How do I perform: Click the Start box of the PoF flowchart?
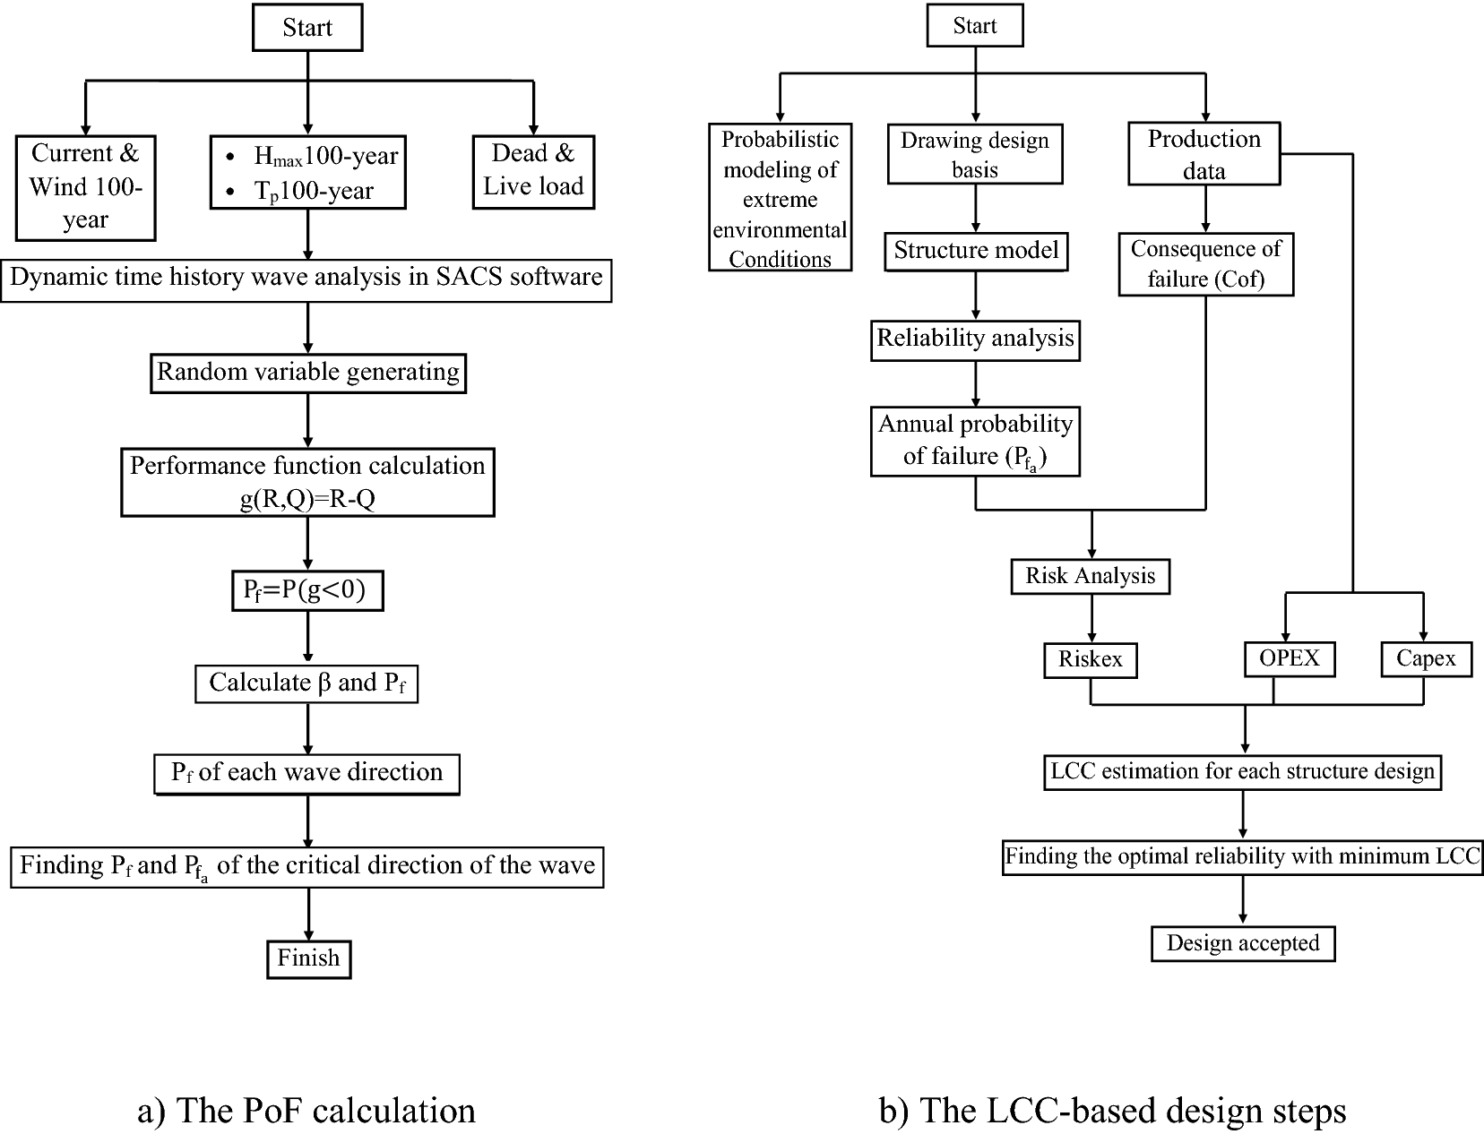tap(307, 29)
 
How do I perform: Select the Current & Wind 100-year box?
tap(85, 187)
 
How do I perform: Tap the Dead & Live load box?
tap(533, 170)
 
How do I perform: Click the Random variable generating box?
tap(307, 373)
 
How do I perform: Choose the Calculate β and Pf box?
tap(307, 683)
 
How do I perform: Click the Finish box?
tap(308, 958)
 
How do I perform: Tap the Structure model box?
tap(976, 251)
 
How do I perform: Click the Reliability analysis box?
tap(975, 339)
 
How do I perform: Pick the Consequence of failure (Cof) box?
tap(1205, 263)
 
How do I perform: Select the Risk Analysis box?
tap(1091, 576)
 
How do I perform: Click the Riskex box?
tap(1091, 660)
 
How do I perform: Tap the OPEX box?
tap(1289, 658)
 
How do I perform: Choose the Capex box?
tap(1426, 659)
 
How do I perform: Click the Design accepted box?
tap(1243, 943)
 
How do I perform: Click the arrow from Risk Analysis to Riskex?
tap(1091, 618)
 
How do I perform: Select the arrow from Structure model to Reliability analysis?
tap(976, 295)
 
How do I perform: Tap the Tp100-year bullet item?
tap(313, 192)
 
